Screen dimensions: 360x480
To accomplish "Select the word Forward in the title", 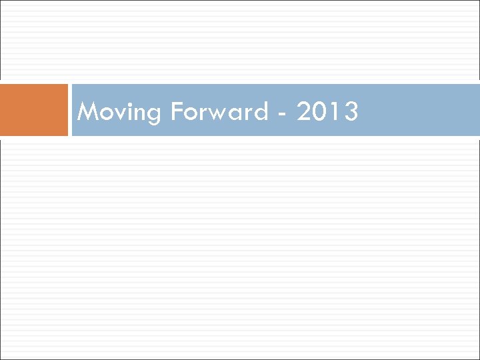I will pos(219,111).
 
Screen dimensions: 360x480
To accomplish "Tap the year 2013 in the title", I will pos(327,111).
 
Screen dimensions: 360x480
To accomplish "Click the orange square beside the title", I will pos(34,110).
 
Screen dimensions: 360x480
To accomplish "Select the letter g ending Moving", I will pos(153,115).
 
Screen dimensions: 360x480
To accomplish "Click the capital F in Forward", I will pos(177,111).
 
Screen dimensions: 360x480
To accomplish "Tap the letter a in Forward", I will pos(239,113).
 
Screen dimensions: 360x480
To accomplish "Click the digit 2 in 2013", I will pos(304,111).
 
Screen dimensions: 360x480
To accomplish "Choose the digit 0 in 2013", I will pos(321,111).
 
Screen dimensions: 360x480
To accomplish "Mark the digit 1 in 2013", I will pos(335,111).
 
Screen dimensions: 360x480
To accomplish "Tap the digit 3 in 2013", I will pos(351,111).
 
